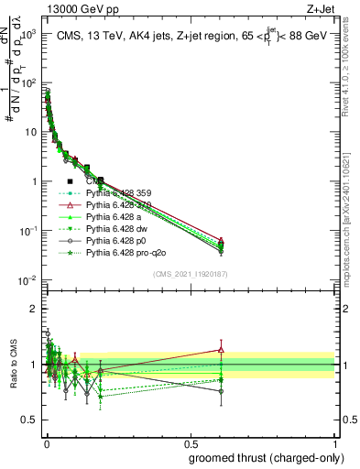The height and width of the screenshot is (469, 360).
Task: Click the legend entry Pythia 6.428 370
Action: pyautogui.click(x=116, y=205)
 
